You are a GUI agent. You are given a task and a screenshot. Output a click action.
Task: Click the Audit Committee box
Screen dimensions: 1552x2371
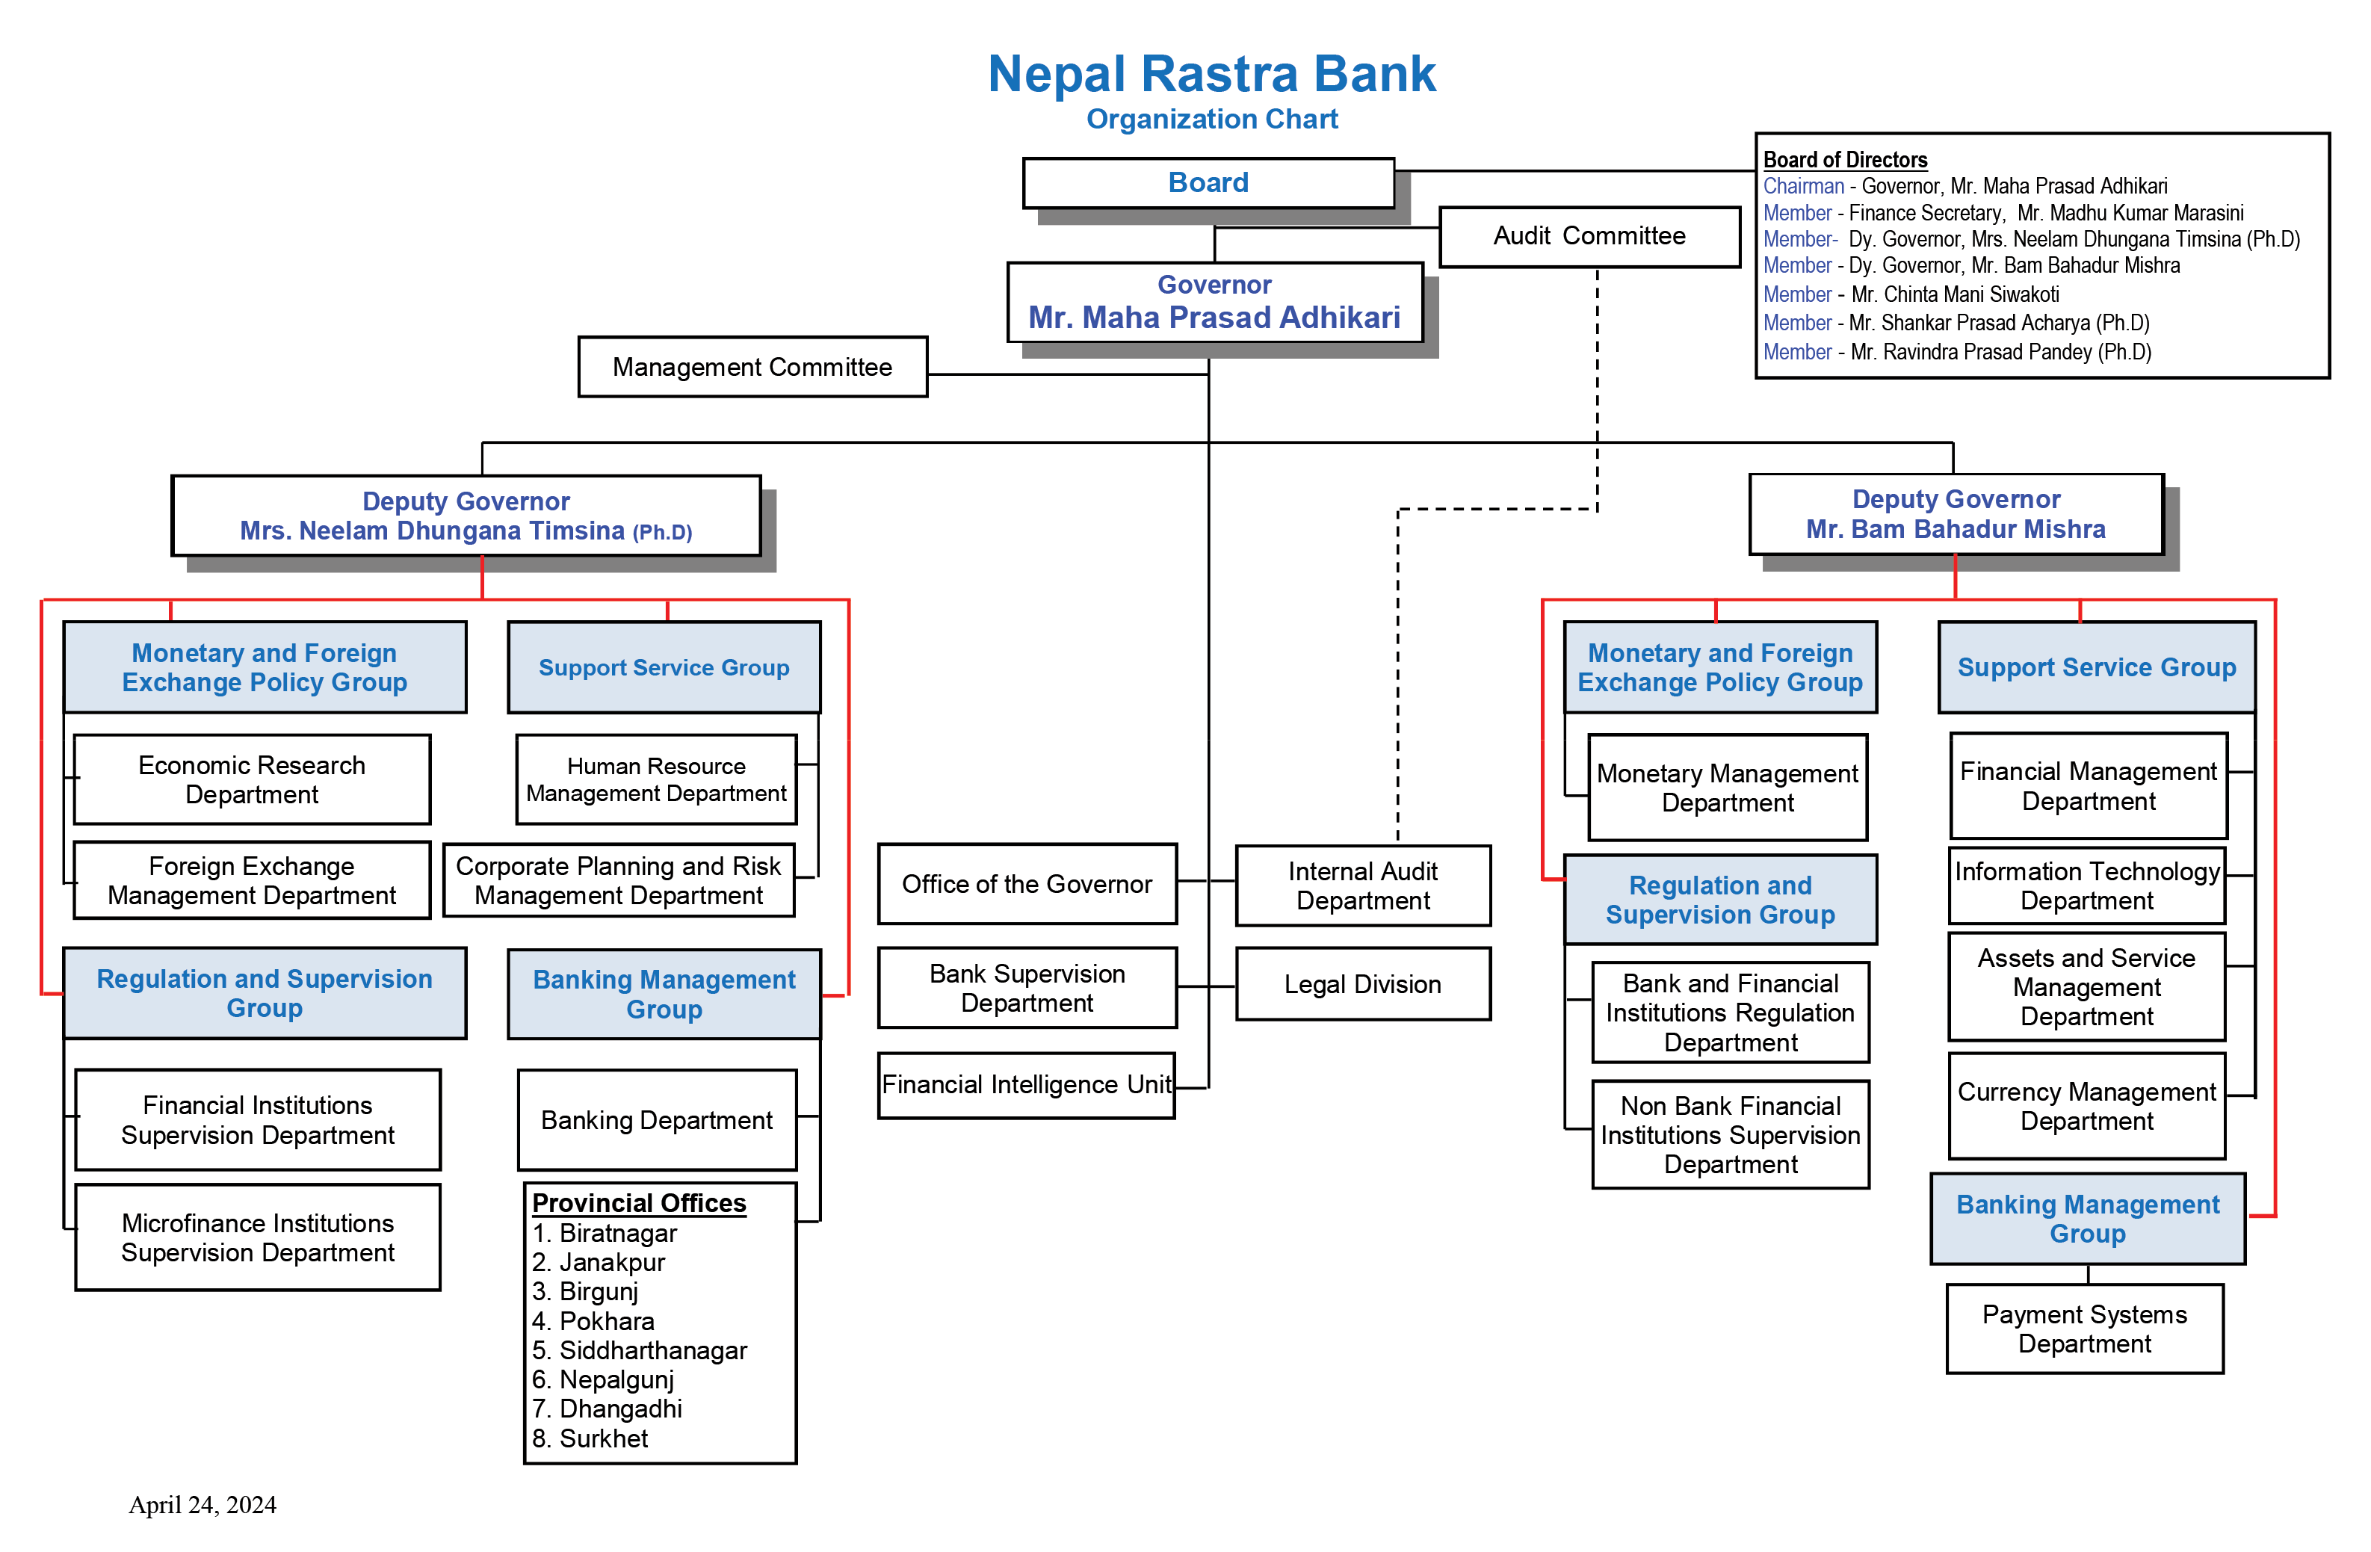1588,236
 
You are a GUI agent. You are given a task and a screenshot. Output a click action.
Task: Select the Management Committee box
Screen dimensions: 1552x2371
752,368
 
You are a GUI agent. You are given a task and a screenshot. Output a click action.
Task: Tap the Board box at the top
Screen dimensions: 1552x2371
1208,183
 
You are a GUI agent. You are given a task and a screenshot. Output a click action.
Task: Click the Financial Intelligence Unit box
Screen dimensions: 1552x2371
1026,1085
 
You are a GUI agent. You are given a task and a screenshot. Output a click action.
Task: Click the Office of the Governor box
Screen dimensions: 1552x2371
1026,885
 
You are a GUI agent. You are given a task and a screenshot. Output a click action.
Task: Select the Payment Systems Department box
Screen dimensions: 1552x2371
2084,1329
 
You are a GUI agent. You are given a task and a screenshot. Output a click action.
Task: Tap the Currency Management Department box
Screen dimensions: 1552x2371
2086,1107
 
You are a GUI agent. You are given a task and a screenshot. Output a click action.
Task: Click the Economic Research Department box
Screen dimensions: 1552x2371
252,780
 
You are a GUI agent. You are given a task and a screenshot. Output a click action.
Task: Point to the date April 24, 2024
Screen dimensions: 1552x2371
203,1505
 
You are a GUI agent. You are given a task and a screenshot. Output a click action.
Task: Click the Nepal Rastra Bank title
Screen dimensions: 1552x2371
1211,75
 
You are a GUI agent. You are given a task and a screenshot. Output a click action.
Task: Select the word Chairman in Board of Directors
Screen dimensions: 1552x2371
1803,186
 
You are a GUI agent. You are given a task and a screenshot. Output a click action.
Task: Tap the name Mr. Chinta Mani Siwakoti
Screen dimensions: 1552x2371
1955,295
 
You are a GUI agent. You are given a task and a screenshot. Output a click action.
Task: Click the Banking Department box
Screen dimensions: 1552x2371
657,1121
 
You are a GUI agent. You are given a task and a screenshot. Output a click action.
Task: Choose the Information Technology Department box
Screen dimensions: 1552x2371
2086,885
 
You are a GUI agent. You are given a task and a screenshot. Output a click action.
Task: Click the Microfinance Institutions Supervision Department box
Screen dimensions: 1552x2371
258,1237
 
